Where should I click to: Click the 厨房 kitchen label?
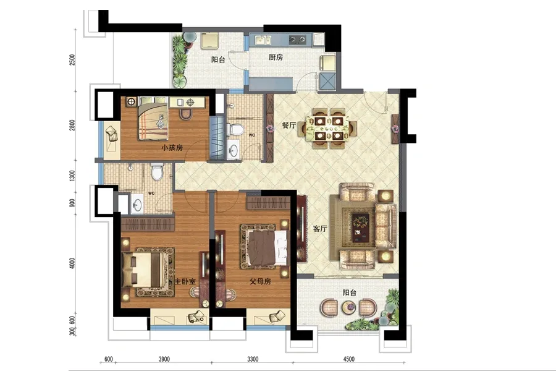(x=276, y=57)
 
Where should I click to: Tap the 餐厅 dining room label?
(x=289, y=125)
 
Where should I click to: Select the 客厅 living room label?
(x=320, y=229)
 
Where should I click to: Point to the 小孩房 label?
(x=172, y=147)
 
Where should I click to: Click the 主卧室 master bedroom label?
(x=185, y=281)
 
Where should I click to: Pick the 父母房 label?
(x=260, y=281)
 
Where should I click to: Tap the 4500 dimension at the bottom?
(x=349, y=359)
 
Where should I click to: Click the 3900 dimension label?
(x=164, y=359)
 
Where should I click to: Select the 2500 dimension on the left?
(x=73, y=59)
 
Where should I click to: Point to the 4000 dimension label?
(x=73, y=263)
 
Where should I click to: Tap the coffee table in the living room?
(x=360, y=227)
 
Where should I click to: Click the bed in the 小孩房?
(x=153, y=119)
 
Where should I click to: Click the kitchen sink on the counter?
(x=263, y=40)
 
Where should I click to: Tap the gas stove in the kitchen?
(x=298, y=40)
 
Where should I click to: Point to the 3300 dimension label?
(x=253, y=359)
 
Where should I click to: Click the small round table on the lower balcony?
(x=348, y=307)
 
